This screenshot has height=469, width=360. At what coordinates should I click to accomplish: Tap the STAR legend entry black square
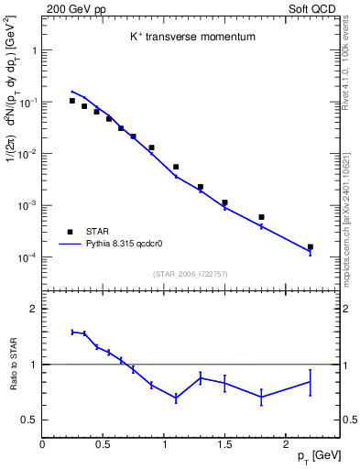pyautogui.click(x=69, y=232)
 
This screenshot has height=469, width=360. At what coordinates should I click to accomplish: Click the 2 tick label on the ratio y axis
pyautogui.click(x=32, y=310)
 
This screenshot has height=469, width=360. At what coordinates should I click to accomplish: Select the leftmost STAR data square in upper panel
pyautogui.click(x=72, y=101)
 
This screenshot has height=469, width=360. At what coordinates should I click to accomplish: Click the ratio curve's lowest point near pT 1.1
pyautogui.click(x=176, y=398)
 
